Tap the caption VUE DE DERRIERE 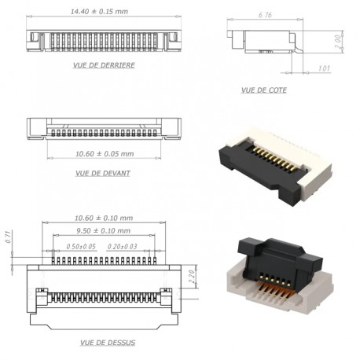pyautogui.click(x=103, y=65)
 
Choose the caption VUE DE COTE pyautogui.click(x=263, y=90)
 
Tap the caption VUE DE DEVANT pyautogui.click(x=103, y=173)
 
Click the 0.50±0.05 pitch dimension pyautogui.click(x=81, y=246)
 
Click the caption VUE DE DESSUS pyautogui.click(x=107, y=343)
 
